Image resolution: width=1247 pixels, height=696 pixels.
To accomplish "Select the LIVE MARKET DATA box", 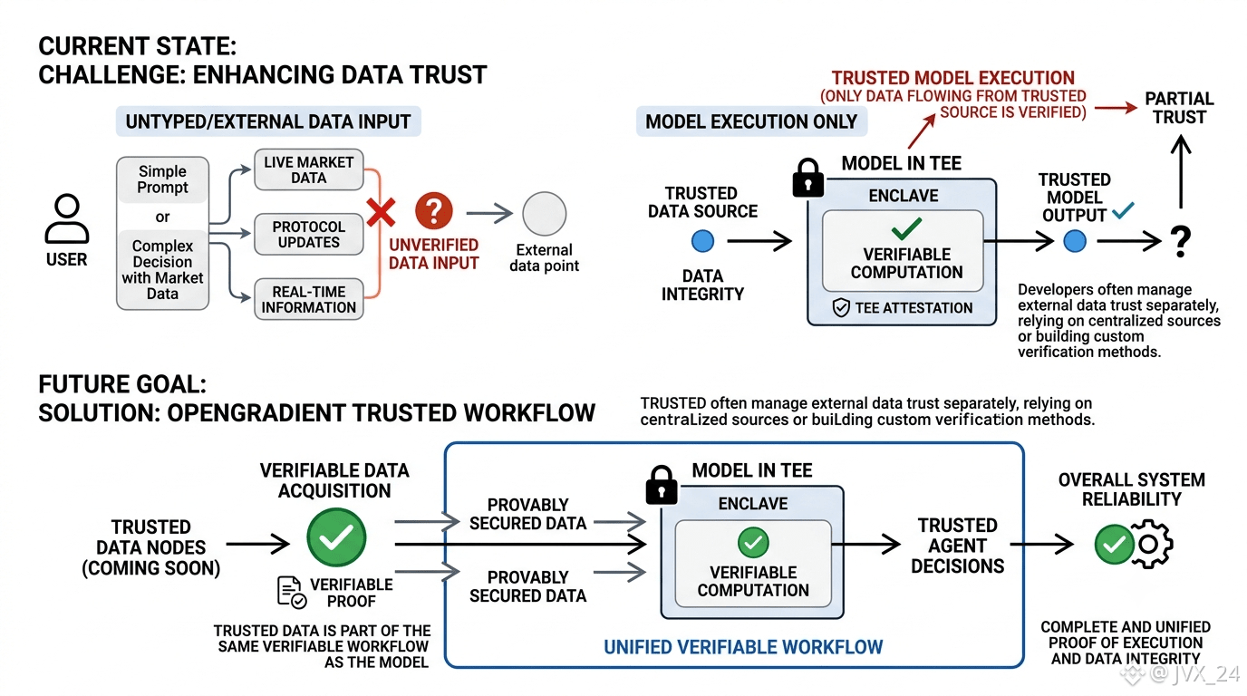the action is point(309,169).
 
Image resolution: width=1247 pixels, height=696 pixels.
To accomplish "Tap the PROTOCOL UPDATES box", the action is point(309,235).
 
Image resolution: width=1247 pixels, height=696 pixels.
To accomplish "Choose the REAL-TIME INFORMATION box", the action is point(309,299).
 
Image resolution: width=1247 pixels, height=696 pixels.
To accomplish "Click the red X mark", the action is point(381,212).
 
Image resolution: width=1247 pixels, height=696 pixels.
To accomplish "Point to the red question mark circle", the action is point(434,211).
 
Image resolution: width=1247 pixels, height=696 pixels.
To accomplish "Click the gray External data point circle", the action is point(544,214).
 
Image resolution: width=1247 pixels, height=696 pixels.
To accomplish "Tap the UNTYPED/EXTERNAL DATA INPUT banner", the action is point(268,121).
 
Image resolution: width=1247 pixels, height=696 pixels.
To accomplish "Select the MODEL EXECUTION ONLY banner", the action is point(751,121).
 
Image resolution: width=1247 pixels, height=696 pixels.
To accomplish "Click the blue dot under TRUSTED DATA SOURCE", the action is point(702,241).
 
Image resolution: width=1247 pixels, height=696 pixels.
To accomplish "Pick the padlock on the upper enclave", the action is point(807,178).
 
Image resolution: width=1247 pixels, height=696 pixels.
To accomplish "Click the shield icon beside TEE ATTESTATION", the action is point(841,307).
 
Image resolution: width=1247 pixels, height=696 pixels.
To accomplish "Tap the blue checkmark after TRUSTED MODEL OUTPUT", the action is point(1123,210).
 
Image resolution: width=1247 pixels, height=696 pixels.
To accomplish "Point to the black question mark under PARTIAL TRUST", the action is point(1180,241).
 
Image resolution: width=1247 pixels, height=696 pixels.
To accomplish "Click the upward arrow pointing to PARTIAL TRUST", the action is point(1181,172).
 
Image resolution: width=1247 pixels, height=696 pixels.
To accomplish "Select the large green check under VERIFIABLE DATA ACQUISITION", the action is point(336,537).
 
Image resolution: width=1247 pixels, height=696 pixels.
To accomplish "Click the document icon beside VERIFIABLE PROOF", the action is point(292,592).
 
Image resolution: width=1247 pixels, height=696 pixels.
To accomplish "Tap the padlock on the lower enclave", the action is point(662,485).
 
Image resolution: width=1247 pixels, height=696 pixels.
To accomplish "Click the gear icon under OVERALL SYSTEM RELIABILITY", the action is point(1150,544).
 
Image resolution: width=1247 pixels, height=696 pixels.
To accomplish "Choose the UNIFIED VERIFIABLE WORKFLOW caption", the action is point(743,647).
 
